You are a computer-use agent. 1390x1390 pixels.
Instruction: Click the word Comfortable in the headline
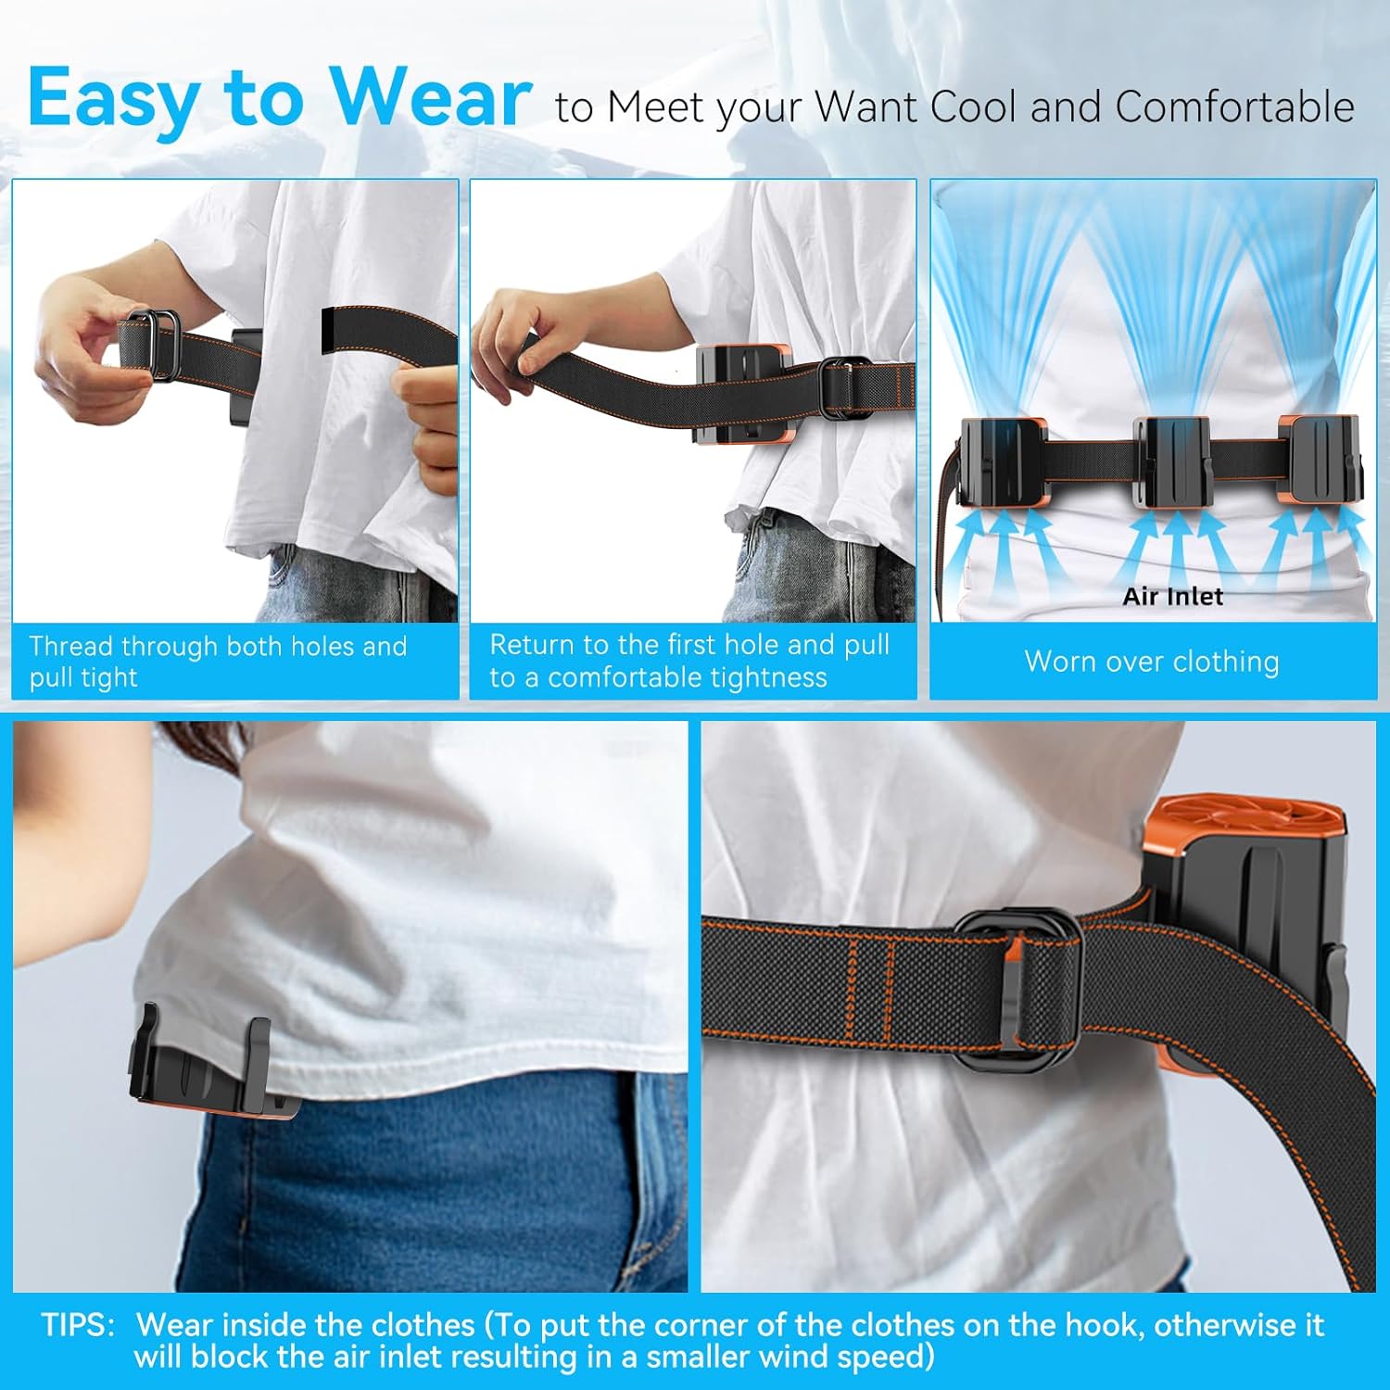(1235, 107)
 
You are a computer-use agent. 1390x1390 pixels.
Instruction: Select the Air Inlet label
(1172, 596)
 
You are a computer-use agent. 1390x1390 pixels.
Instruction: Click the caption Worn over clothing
(1152, 661)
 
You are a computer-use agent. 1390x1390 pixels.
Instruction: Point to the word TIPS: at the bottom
(79, 1324)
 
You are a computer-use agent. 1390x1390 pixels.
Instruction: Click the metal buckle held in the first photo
(152, 345)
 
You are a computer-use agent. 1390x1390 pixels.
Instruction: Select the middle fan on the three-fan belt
(1173, 461)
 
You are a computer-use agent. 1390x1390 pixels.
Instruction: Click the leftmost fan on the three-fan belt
(1004, 461)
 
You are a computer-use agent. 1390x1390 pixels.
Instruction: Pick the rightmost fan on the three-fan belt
(1320, 460)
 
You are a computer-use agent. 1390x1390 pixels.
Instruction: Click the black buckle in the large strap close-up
(1018, 988)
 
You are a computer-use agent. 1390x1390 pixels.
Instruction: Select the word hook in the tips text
(1100, 1324)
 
